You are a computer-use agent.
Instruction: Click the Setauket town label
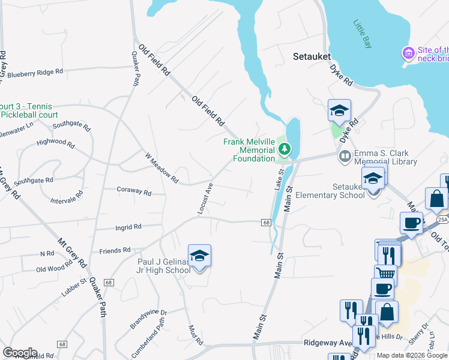point(312,57)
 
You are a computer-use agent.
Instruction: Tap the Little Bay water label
point(361,35)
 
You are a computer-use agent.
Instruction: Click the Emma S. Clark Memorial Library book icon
point(345,157)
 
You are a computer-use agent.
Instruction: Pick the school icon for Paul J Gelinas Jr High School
point(199,256)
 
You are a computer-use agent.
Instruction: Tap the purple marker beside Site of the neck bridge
point(409,54)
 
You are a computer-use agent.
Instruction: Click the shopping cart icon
point(385,274)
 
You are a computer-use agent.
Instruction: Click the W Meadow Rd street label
point(162,168)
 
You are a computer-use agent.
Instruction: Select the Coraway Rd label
point(134,193)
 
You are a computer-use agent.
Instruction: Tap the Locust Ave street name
point(205,198)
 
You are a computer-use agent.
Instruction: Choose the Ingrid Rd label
point(128,227)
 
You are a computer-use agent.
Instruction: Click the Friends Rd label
point(115,250)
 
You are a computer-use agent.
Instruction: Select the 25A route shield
point(442,220)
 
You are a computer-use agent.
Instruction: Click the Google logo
point(20,353)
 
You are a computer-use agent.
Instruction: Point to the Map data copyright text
point(412,355)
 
